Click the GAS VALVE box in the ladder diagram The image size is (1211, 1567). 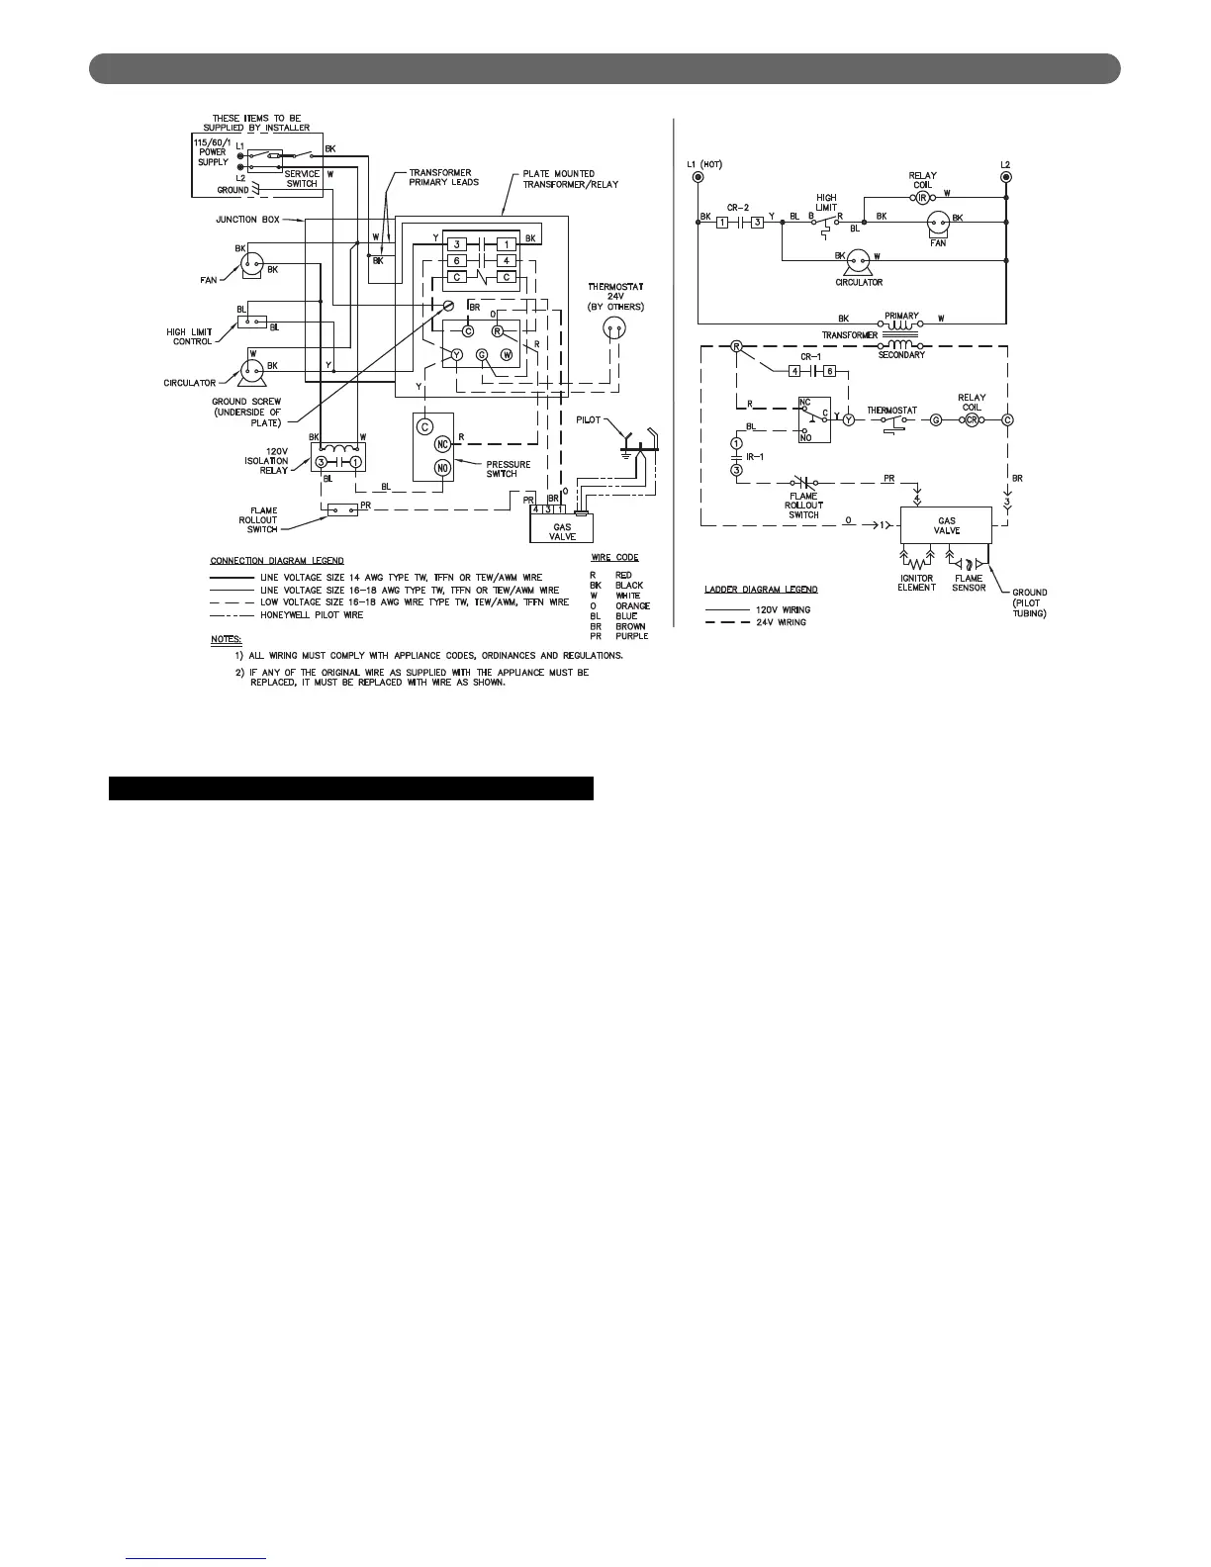click(947, 525)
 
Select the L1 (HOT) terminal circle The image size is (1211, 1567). click(699, 177)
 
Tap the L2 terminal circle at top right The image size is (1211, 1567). click(1006, 177)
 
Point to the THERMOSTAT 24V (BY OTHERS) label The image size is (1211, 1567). click(615, 297)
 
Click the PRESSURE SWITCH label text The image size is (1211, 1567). click(509, 469)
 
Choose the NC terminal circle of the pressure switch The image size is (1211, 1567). click(442, 444)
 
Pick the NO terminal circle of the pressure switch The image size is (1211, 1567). click(442, 467)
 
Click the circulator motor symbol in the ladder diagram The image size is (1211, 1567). click(859, 260)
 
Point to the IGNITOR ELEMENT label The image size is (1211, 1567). click(916, 583)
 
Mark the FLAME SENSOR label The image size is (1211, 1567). click(969, 583)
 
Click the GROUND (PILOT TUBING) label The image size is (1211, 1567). click(1029, 602)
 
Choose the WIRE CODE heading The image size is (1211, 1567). click(614, 558)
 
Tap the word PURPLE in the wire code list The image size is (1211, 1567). click(631, 636)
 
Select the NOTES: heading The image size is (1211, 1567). click(226, 639)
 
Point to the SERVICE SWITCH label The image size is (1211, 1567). click(302, 179)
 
